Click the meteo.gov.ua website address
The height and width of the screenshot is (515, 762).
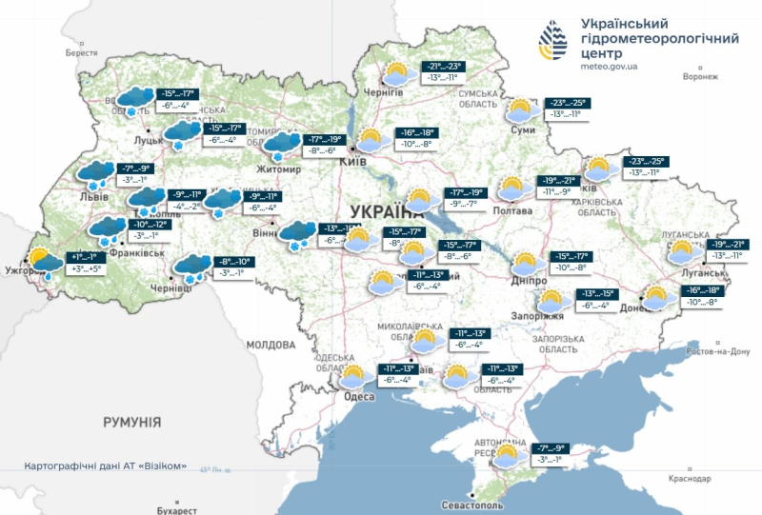click(x=611, y=67)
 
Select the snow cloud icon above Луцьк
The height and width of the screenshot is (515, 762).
click(x=134, y=100)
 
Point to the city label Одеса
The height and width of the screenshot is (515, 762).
click(x=359, y=396)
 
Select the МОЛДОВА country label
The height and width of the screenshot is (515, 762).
click(x=271, y=344)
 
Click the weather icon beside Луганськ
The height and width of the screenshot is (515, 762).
click(x=683, y=253)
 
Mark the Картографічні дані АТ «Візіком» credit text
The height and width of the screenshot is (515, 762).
click(x=105, y=468)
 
